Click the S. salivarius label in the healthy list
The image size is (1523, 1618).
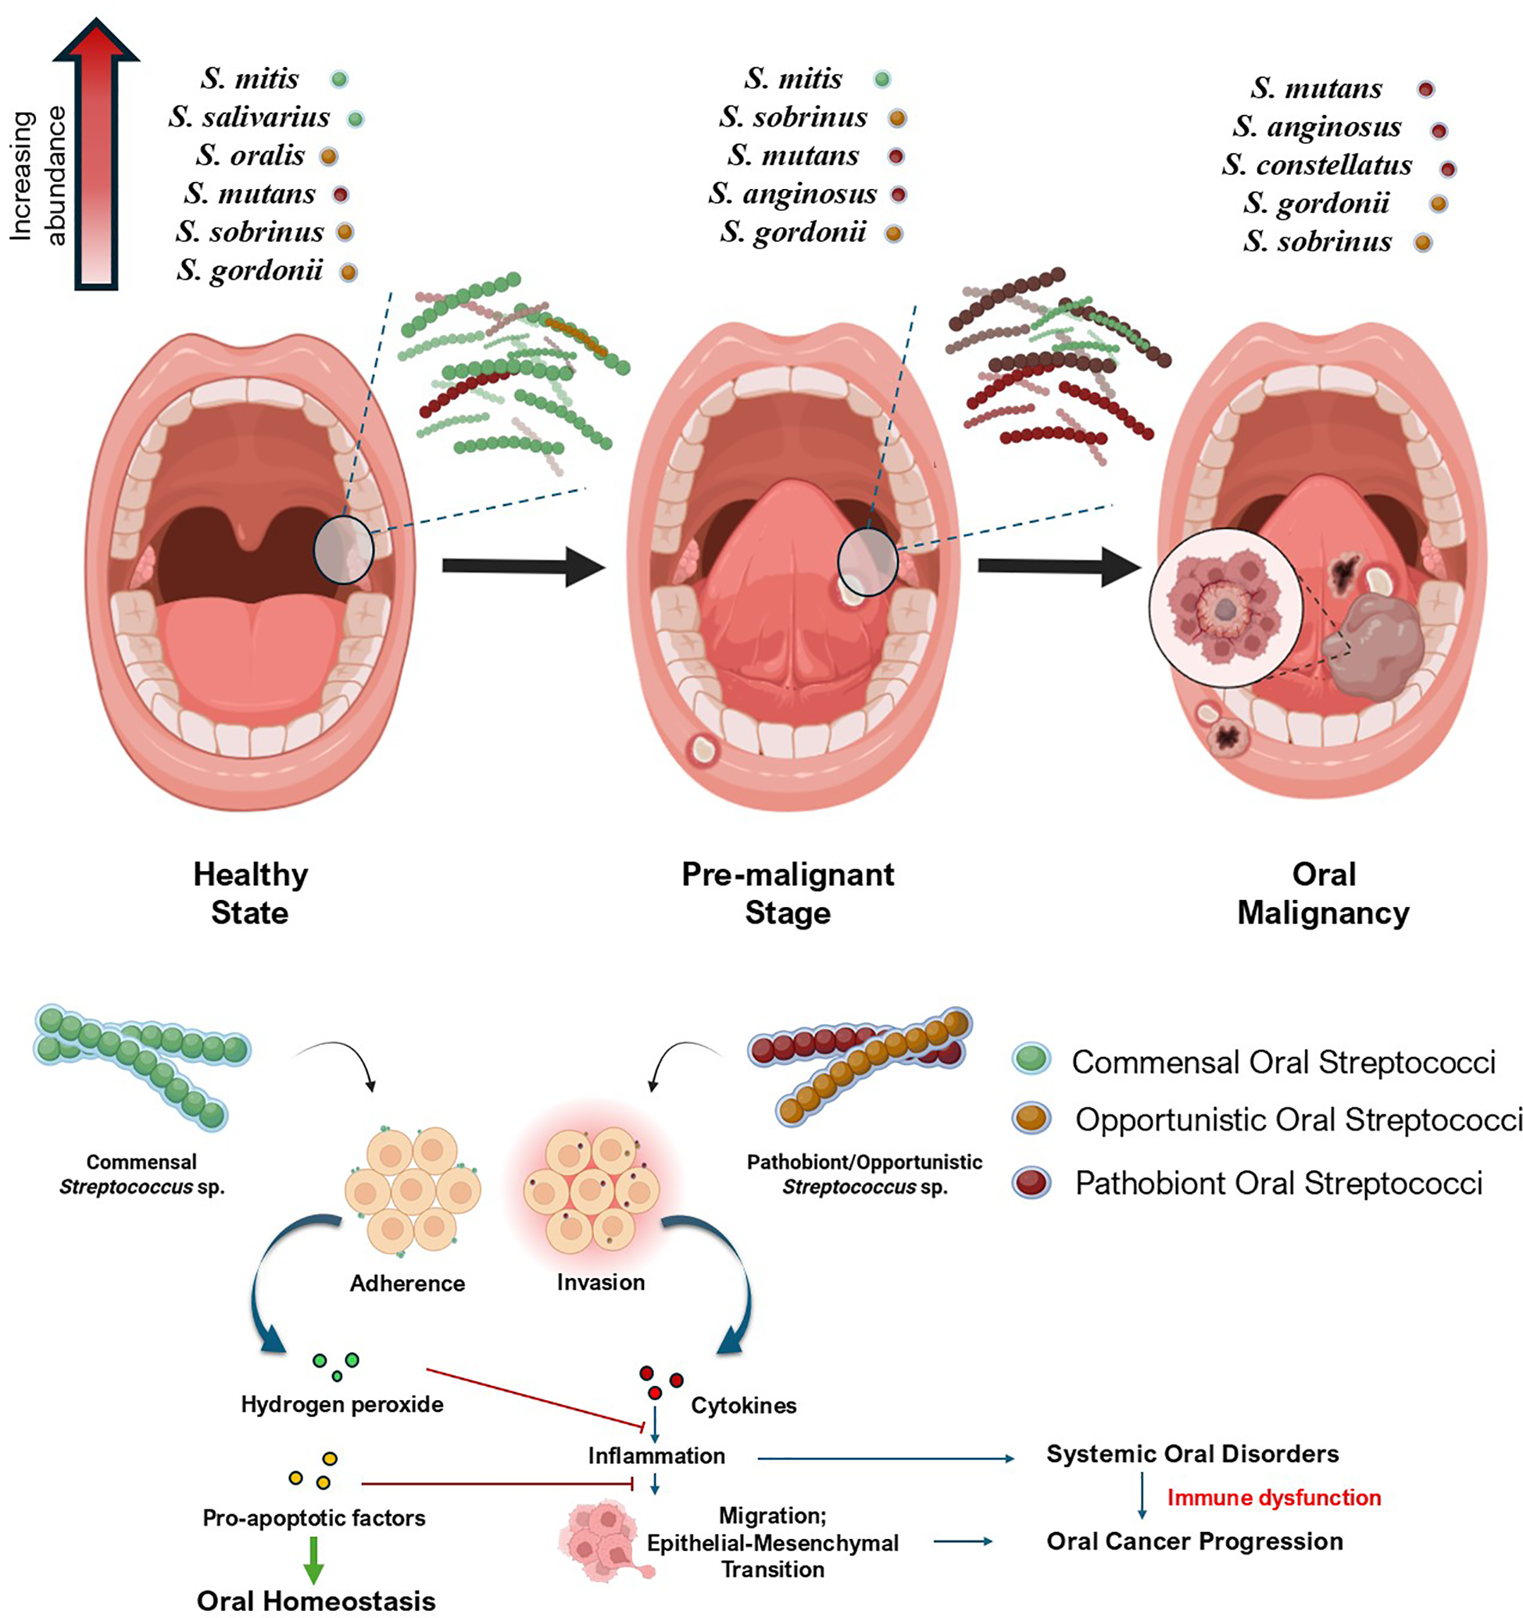tap(249, 118)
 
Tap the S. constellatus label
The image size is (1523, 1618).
tap(1316, 165)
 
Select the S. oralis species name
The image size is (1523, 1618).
tap(250, 155)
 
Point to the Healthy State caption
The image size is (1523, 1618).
tap(250, 893)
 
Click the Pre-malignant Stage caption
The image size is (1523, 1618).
tap(787, 893)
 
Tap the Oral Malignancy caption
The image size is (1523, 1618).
tap(1323, 893)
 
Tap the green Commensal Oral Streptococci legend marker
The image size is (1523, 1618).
tap(1031, 1059)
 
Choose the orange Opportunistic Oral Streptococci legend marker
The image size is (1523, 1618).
tap(1031, 1117)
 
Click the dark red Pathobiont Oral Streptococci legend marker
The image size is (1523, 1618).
tap(1031, 1182)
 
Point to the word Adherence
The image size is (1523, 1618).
tap(407, 1284)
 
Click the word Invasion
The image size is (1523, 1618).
tap(601, 1283)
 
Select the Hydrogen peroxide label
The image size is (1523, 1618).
tap(342, 1405)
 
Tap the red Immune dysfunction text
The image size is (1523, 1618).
tap(1274, 1498)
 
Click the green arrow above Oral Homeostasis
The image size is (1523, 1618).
tap(314, 1558)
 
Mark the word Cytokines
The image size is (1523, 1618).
tap(743, 1405)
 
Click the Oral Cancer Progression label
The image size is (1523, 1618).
tap(1194, 1541)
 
